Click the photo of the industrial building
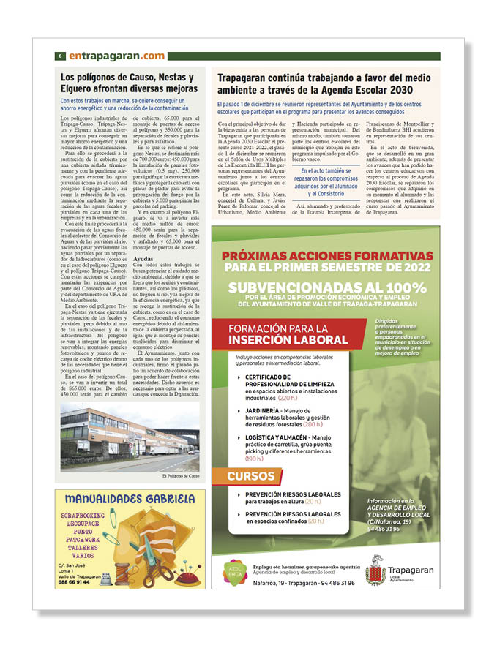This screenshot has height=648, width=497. point(130,438)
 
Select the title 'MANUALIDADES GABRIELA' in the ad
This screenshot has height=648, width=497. point(129,499)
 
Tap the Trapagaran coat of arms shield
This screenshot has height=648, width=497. point(375,570)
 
